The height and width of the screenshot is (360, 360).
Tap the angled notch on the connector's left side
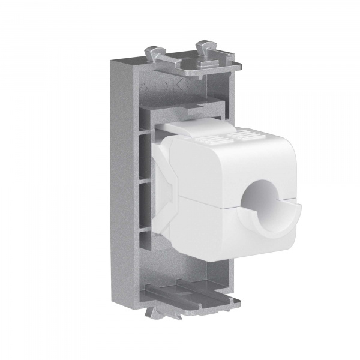168,180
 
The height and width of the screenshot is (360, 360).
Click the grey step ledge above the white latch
180,111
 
